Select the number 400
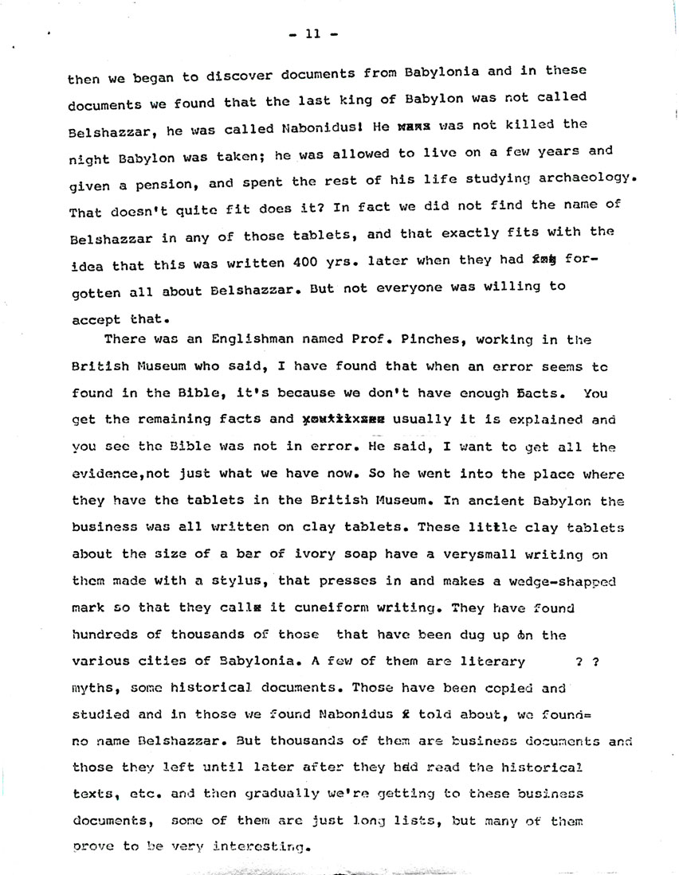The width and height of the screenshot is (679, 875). (300, 261)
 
